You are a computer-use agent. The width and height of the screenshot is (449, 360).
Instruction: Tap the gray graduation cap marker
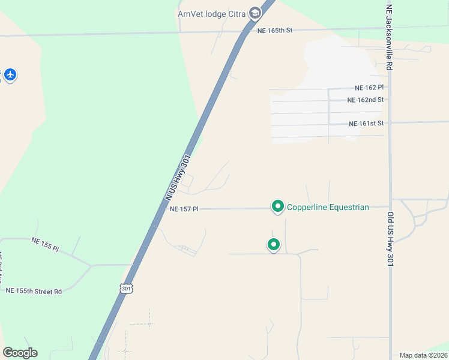pyautogui.click(x=255, y=13)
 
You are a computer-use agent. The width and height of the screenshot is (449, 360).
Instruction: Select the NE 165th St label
pyautogui.click(x=274, y=30)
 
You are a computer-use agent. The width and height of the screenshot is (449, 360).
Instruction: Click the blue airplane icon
pyautogui.click(x=10, y=75)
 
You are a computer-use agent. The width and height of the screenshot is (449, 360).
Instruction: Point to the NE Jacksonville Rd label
pyautogui.click(x=389, y=38)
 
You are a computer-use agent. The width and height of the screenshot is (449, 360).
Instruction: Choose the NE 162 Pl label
pyautogui.click(x=369, y=88)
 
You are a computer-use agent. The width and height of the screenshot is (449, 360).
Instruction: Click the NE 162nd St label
pyautogui.click(x=365, y=100)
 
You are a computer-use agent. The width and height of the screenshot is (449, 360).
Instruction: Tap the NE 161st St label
pyautogui.click(x=366, y=124)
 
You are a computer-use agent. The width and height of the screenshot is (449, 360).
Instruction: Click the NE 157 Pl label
pyautogui.click(x=184, y=209)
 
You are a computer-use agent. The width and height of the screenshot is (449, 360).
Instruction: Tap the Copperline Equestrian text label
pyautogui.click(x=328, y=208)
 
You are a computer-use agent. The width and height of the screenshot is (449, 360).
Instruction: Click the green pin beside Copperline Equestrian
pyautogui.click(x=277, y=206)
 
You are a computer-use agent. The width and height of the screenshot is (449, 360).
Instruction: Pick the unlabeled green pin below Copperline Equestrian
pyautogui.click(x=273, y=244)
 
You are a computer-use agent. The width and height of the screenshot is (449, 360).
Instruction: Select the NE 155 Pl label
pyautogui.click(x=45, y=244)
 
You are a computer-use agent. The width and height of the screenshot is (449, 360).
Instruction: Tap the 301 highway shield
pyautogui.click(x=125, y=288)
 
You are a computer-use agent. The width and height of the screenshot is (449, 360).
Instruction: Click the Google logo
pyautogui.click(x=20, y=353)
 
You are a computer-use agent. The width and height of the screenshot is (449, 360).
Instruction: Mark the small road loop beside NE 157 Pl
pyautogui.click(x=187, y=180)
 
